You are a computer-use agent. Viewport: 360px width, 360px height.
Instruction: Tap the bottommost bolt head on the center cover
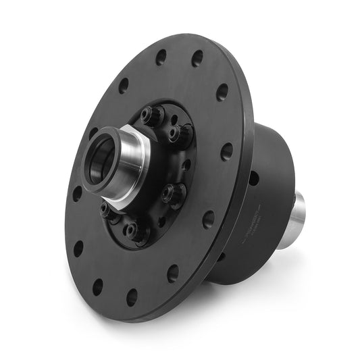tap(133, 232)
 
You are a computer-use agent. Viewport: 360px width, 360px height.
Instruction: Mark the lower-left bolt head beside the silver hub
tap(106, 211)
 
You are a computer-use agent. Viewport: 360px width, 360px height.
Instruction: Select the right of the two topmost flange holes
tap(197, 59)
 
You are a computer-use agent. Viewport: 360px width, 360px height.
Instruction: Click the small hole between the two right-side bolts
tap(184, 164)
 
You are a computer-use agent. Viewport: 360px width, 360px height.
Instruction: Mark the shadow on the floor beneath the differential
tap(270, 284)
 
